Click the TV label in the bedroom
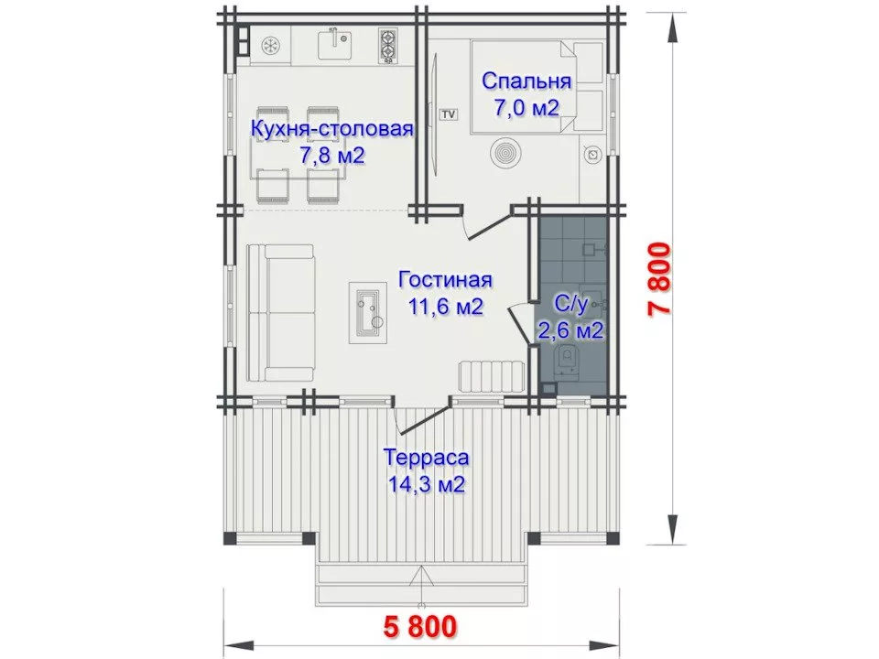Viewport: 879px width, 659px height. pos(448,114)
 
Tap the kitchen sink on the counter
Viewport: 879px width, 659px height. pos(335,45)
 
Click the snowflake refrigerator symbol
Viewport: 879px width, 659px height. pos(271,46)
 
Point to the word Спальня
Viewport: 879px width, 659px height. pos(526,81)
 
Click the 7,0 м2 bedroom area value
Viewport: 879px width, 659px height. pos(526,108)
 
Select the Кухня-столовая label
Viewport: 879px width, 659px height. pos(331,129)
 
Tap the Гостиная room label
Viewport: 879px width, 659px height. pos(446,280)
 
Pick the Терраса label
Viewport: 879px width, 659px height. pos(426,458)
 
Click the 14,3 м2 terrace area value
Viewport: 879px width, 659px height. pos(427,483)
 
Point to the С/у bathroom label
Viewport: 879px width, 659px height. pos(570,304)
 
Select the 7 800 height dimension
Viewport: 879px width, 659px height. pos(660,280)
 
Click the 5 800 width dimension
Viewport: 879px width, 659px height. pos(420,626)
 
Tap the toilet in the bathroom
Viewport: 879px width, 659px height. pos(568,360)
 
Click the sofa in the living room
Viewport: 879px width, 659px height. pos(280,314)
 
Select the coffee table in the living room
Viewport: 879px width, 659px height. pos(368,313)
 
